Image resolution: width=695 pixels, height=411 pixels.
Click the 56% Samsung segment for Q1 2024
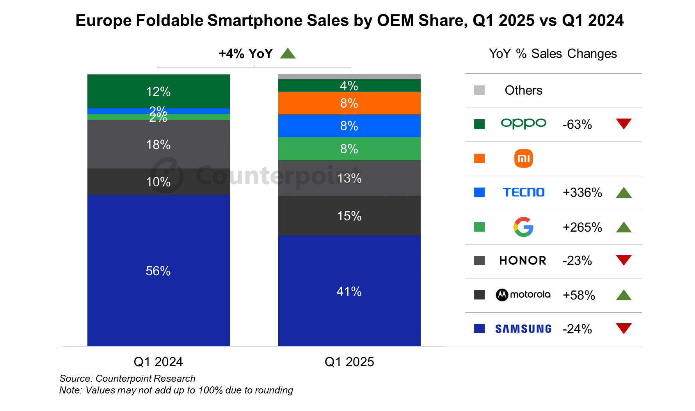coord(158,271)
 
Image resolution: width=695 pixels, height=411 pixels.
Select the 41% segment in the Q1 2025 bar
coord(349,291)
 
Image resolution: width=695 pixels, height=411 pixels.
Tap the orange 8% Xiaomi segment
coord(349,103)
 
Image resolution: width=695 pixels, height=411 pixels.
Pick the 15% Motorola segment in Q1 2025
coord(349,216)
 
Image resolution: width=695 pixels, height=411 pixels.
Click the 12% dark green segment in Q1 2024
coord(158,91)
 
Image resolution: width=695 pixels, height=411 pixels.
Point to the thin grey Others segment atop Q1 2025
coord(349,76)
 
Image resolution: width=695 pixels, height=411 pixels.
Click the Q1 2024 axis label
coord(158,362)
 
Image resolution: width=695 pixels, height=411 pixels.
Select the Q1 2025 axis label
coord(349,362)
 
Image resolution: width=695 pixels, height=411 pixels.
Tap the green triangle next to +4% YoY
coord(288,53)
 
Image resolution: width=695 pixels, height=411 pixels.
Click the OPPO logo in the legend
coord(523,124)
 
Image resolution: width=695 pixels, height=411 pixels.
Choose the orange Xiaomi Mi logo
coord(523,158)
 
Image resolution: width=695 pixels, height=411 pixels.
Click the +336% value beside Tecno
coord(582,193)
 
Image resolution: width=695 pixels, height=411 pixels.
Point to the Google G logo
coord(523,227)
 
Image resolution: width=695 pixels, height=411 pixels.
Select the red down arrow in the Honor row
coord(623,260)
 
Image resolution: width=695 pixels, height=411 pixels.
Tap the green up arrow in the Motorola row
coord(623,295)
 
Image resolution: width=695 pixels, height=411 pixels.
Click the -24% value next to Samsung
coord(577,329)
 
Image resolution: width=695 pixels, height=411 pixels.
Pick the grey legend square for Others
coord(479,90)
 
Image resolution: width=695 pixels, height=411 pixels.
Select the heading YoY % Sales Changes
coord(553,53)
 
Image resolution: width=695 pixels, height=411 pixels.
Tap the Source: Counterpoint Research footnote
coord(127,378)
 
